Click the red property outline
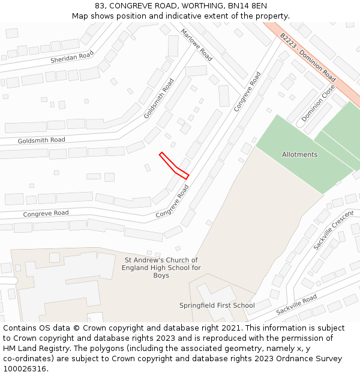174,166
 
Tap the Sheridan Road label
72,56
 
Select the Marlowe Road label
197,45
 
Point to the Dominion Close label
319,103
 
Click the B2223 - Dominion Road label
307,57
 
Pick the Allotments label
299,155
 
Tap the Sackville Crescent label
334,230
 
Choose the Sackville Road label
296,305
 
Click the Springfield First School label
217,305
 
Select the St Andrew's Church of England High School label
161,268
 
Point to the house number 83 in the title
100,5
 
